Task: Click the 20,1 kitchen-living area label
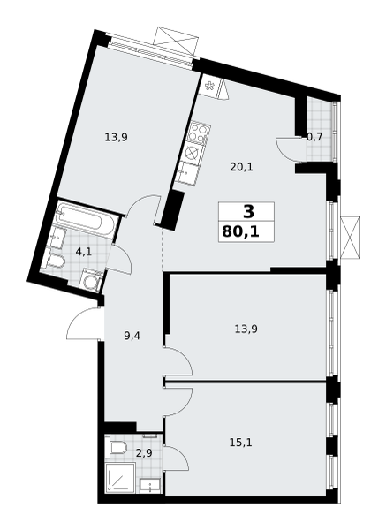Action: (241, 167)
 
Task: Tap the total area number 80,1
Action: (240, 231)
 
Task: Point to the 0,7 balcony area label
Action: (314, 137)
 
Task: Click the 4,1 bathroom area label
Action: (84, 252)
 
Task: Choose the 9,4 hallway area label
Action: (132, 336)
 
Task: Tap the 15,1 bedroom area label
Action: (240, 443)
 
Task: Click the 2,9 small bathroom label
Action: (144, 453)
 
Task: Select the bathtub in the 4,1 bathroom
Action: (87, 219)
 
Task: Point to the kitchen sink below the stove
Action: (187, 173)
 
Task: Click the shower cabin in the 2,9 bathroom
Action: (120, 478)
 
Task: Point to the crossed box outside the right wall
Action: (350, 238)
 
